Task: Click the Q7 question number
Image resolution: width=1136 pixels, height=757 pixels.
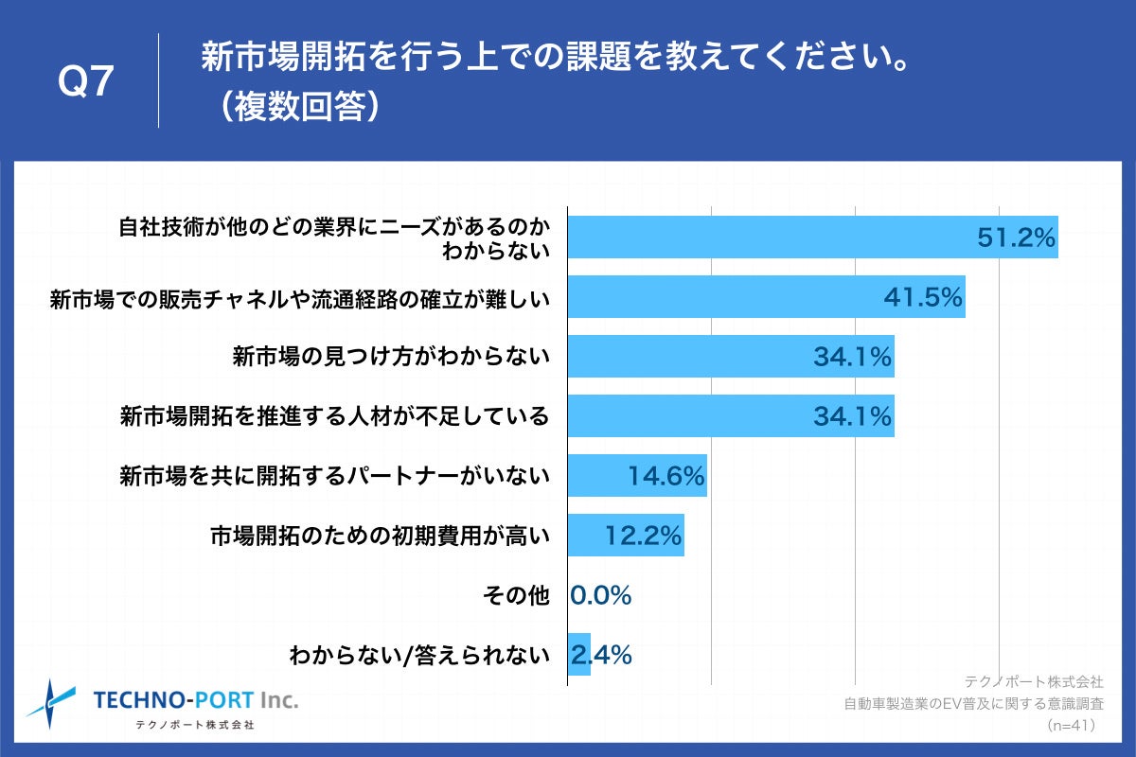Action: (x=86, y=83)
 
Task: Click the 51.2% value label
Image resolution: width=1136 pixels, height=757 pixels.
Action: (x=1016, y=238)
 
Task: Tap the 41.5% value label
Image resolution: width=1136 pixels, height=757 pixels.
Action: (x=923, y=297)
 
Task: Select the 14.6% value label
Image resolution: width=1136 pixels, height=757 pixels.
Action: (x=666, y=476)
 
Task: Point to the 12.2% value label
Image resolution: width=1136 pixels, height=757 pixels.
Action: (x=643, y=536)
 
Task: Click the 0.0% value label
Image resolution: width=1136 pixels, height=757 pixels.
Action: (x=600, y=595)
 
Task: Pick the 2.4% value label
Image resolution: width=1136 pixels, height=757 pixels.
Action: (x=600, y=655)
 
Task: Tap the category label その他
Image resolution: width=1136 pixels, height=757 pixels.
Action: (x=515, y=595)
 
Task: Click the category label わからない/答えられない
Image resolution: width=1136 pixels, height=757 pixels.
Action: (x=418, y=655)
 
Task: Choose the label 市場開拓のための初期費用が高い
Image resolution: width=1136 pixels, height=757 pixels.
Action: (x=380, y=536)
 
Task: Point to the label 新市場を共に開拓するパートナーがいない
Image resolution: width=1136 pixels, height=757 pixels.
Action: (x=334, y=476)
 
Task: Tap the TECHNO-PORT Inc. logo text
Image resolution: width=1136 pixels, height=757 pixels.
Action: (x=195, y=700)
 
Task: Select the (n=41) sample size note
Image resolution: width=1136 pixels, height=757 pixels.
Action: (x=1071, y=726)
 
